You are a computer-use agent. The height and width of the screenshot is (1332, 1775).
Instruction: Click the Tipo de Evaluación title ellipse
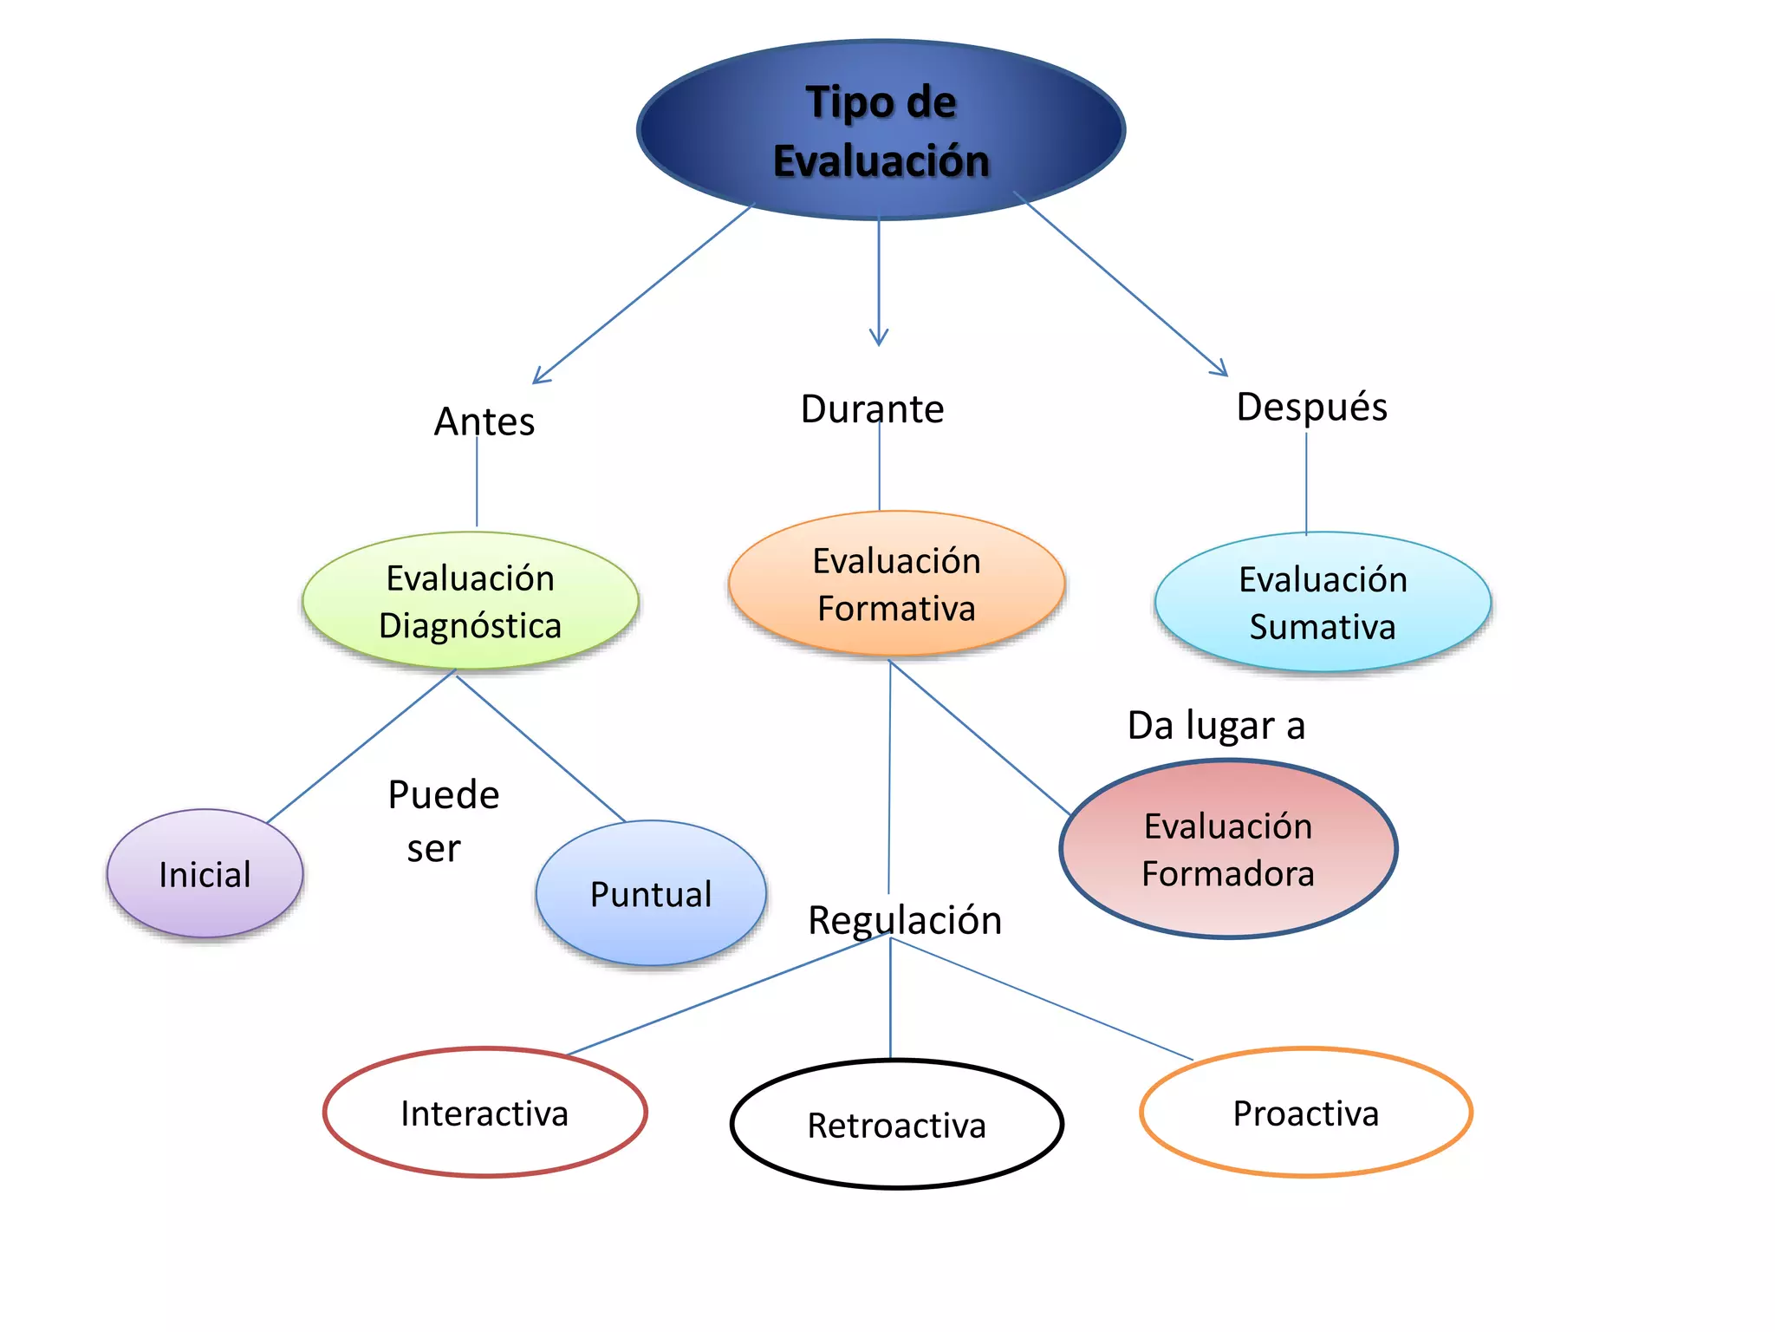pyautogui.click(x=881, y=130)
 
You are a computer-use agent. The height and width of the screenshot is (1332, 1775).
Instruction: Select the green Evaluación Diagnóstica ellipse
pyautogui.click(x=470, y=601)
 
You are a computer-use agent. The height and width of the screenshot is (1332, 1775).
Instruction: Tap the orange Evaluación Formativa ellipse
pyautogui.click(x=896, y=584)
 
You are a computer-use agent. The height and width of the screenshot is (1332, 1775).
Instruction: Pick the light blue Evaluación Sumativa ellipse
pyautogui.click(x=1323, y=602)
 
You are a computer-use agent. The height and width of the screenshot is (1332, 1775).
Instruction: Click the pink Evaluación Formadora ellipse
pyautogui.click(x=1228, y=849)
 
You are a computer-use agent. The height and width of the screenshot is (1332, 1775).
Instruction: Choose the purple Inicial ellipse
pyautogui.click(x=205, y=873)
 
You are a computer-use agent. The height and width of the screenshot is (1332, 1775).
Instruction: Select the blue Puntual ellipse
pyautogui.click(x=651, y=893)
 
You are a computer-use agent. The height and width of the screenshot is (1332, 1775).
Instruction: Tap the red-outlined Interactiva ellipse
pyautogui.click(x=484, y=1113)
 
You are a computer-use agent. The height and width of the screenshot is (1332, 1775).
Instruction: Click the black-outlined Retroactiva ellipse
pyautogui.click(x=896, y=1125)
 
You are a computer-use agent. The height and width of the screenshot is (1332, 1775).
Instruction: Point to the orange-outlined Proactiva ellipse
pyautogui.click(x=1305, y=1113)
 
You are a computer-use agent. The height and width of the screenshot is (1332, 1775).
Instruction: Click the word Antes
pyautogui.click(x=484, y=421)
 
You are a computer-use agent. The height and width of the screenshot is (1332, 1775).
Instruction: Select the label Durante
pyautogui.click(x=872, y=408)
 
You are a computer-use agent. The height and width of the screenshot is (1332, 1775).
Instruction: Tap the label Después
pyautogui.click(x=1311, y=407)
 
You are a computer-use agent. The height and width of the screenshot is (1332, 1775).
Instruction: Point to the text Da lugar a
pyautogui.click(x=1216, y=725)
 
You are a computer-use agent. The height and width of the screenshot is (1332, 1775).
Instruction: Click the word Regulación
pyautogui.click(x=905, y=920)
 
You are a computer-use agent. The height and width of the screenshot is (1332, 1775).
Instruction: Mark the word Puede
pyautogui.click(x=444, y=794)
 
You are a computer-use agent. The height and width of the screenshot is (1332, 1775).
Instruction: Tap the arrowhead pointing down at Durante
pyautogui.click(x=879, y=341)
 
